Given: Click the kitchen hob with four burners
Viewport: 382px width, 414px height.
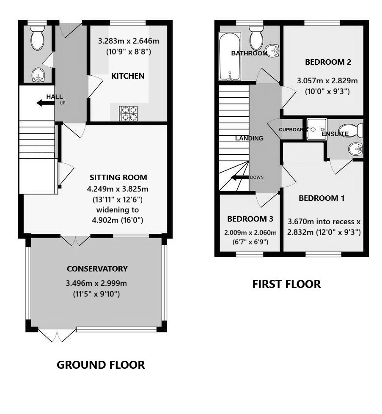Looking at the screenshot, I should [x=129, y=113].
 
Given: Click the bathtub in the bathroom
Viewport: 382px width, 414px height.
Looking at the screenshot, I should [x=229, y=57].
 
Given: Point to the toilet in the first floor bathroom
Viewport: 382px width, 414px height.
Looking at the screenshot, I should [x=256, y=39].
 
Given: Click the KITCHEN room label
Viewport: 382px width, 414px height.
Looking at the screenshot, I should [x=128, y=76].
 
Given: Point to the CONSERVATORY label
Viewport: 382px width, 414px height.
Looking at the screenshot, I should [x=97, y=269].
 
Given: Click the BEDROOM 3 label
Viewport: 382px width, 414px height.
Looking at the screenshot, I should [x=250, y=219].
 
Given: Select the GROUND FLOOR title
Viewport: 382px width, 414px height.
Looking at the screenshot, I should [x=101, y=365].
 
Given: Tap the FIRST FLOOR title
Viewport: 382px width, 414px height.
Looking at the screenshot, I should [x=286, y=284].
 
